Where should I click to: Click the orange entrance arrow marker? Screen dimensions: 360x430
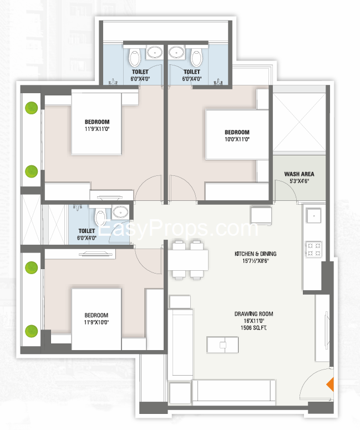[x=331, y=385]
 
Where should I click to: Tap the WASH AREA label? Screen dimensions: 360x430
[x=299, y=174]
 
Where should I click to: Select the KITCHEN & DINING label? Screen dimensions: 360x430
[x=255, y=254]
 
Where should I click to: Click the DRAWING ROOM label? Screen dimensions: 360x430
[x=253, y=313]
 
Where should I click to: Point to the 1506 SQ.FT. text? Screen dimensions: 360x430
[x=253, y=328]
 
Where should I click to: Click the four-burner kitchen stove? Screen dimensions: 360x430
[x=314, y=249]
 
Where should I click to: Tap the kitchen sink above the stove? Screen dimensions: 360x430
[x=314, y=216]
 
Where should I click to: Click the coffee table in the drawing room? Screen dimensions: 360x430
[x=222, y=345]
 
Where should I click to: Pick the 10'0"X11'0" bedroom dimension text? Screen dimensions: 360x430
[x=237, y=139]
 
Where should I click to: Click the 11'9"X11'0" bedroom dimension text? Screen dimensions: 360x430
[x=97, y=129]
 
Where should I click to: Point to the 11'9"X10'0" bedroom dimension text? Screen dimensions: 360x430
[x=97, y=322]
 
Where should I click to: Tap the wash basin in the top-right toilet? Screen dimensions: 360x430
[x=176, y=51]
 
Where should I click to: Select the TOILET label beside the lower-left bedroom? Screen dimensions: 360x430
[x=87, y=231]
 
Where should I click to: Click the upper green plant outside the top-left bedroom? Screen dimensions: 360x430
[x=32, y=108]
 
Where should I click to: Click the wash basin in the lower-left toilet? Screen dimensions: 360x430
[x=120, y=212]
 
